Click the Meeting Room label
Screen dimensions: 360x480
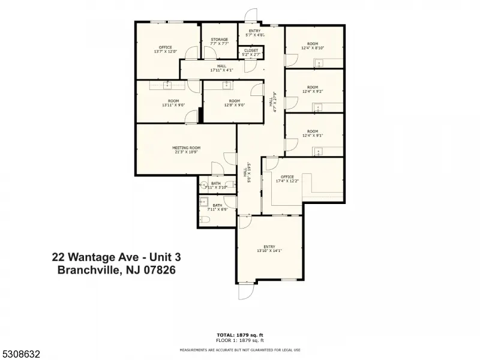click(x=186, y=150)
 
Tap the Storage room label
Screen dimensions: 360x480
click(x=219, y=41)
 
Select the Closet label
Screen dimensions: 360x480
click(x=251, y=53)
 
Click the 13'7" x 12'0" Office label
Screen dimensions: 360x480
click(x=165, y=49)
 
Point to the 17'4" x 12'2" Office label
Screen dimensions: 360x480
click(x=287, y=178)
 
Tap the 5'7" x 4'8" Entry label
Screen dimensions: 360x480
click(x=254, y=32)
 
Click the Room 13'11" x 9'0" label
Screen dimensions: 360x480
click(x=173, y=103)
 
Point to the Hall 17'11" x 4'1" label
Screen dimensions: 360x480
click(x=221, y=68)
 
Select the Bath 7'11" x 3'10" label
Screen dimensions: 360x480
click(x=216, y=185)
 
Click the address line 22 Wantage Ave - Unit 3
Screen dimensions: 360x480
click(x=116, y=257)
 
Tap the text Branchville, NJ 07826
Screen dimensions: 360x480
click(x=116, y=270)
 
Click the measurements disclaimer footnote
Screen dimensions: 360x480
click(x=239, y=349)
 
